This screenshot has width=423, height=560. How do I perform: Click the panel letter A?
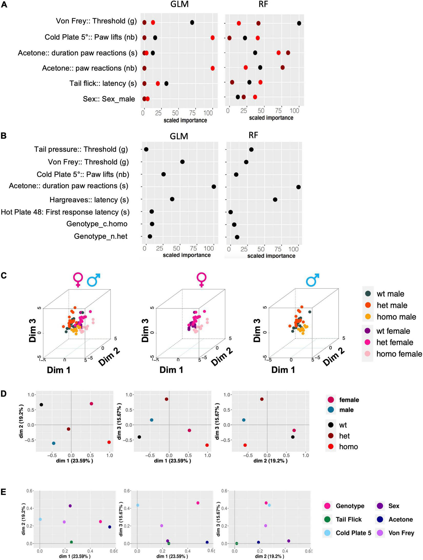point(4,5)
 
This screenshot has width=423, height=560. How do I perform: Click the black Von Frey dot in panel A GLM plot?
point(192,23)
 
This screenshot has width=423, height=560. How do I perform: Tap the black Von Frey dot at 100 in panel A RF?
point(299,23)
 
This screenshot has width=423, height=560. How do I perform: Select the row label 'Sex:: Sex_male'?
point(109,99)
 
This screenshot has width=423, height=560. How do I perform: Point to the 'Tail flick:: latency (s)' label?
point(103,83)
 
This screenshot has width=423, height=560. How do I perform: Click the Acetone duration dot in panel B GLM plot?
point(214,186)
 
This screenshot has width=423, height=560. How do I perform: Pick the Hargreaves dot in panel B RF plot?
point(275,200)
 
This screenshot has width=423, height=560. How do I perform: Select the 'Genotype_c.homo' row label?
point(97,224)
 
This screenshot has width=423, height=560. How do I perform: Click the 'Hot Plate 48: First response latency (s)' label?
point(65,212)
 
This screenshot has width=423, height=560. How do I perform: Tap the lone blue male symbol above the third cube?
point(313,280)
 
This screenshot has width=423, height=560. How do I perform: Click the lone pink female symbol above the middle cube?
point(202,280)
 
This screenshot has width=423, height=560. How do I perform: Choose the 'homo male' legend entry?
point(396,317)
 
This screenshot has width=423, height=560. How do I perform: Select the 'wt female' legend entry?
point(393,331)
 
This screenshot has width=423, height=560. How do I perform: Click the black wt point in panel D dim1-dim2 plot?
point(41,405)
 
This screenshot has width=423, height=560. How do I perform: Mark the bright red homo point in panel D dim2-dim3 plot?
point(245,445)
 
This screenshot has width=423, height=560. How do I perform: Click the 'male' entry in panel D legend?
point(346,410)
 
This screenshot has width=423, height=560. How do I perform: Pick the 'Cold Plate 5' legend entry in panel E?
point(353,533)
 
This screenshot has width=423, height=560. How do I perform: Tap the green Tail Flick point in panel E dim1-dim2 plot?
point(71,542)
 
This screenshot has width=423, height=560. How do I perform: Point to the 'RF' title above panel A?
point(263,4)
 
